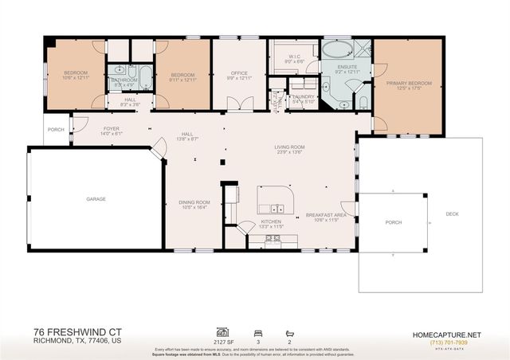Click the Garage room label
(x=96, y=199)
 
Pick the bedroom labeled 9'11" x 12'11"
(x=182, y=76)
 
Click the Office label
(x=239, y=76)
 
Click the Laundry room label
(x=304, y=98)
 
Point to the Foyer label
(x=111, y=130)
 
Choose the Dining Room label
(x=194, y=204)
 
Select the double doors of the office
(x=238, y=104)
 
